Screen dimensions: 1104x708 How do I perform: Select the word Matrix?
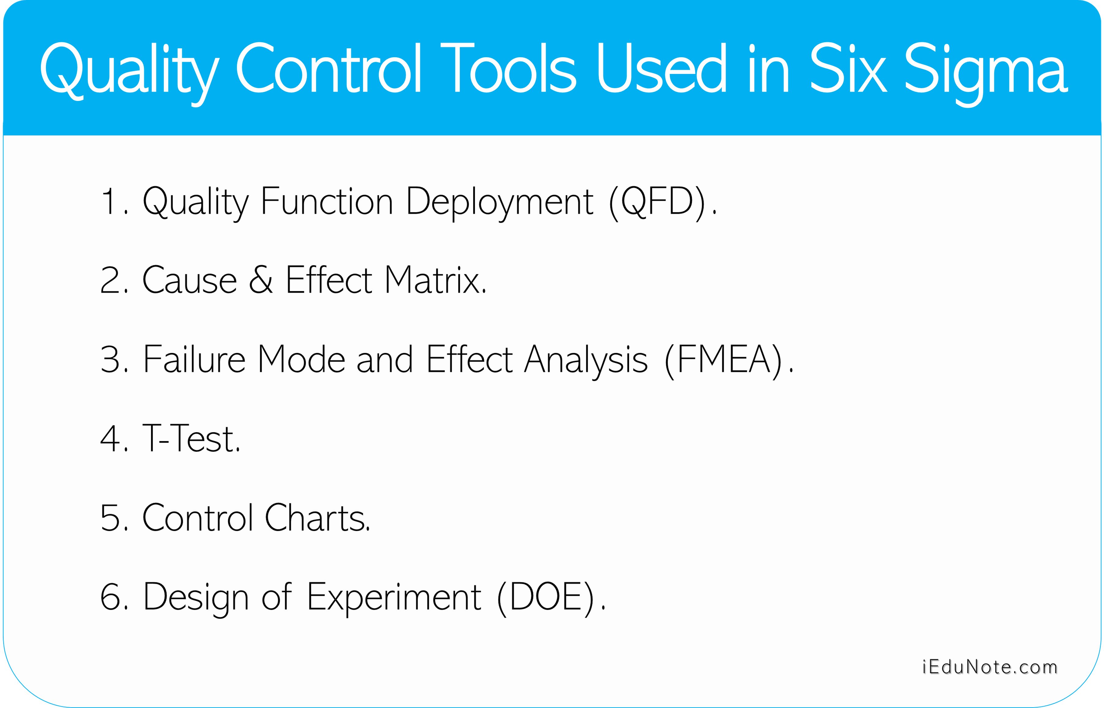click(x=435, y=280)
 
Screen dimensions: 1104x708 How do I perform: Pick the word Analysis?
click(x=586, y=361)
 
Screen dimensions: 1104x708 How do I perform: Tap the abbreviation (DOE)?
click(x=545, y=598)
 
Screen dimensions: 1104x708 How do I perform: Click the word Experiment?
click(x=394, y=599)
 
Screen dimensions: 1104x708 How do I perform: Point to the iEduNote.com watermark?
click(x=990, y=667)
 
